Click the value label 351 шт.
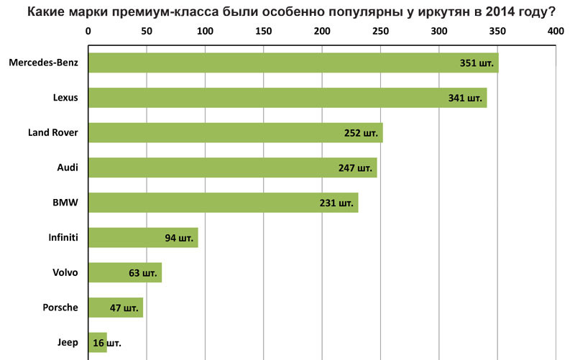pyautogui.click(x=477, y=63)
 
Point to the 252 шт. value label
pyautogui.click(x=362, y=133)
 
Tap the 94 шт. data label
pyautogui.click(x=180, y=238)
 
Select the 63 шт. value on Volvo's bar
pyautogui.click(x=142, y=273)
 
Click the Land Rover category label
pyautogui.click(x=52, y=133)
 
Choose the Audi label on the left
pyautogui.click(x=67, y=168)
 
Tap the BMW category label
pyautogui.click(x=65, y=203)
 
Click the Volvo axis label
pyautogui.click(x=65, y=273)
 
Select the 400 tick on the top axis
pyautogui.click(x=555, y=32)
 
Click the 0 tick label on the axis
pyautogui.click(x=88, y=32)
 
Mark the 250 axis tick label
pyautogui.click(x=380, y=32)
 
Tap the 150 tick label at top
pyautogui.click(x=263, y=32)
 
